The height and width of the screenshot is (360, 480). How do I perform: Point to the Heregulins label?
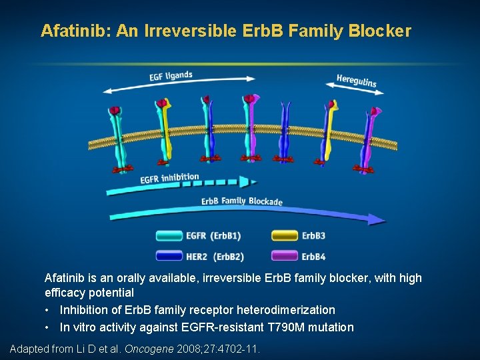pos(356,80)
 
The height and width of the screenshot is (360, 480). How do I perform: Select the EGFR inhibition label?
pos(169,179)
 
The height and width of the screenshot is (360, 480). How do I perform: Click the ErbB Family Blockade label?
pos(242,201)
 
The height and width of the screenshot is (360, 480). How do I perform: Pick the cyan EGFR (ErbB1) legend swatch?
pos(169,235)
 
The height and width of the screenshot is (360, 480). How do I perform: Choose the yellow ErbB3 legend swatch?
pos(285,235)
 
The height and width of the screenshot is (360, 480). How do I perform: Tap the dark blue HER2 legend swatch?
pos(169,255)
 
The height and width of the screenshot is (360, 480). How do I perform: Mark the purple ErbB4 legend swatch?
pos(285,255)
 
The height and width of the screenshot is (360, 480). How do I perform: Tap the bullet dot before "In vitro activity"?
pos(49,327)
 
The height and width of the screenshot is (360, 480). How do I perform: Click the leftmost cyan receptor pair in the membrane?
pos(118,137)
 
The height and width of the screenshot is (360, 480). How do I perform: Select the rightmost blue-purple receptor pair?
pos(370,137)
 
